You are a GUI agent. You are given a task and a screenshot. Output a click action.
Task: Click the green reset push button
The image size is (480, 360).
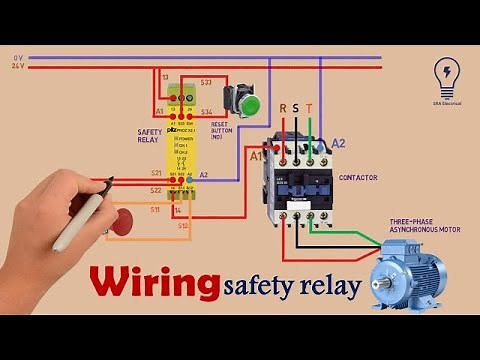tap(247, 103)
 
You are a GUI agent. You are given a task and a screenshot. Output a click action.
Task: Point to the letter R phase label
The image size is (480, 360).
tap(282, 109)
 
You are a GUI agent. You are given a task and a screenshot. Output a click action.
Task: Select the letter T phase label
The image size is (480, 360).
tap(310, 109)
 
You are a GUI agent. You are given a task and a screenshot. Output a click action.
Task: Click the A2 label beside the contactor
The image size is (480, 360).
tap(339, 143)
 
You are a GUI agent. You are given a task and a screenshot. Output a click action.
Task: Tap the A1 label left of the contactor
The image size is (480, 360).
tap(256, 156)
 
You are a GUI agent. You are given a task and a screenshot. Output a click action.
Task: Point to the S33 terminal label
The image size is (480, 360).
tap(206, 80)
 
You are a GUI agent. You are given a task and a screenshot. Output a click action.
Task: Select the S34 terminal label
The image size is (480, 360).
tap(206, 112)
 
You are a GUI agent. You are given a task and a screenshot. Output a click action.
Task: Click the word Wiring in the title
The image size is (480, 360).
tap(154, 283)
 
